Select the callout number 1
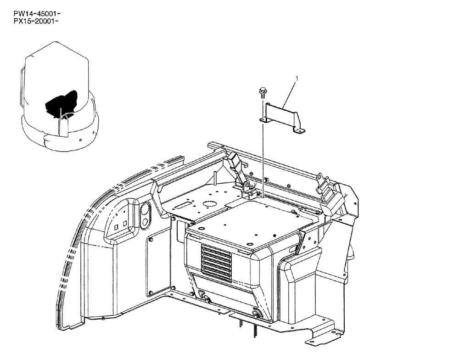[297, 79]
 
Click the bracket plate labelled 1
[283, 117]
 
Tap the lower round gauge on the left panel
[146, 224]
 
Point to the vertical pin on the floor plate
[215, 177]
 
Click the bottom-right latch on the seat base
[255, 315]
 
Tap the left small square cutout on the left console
[117, 226]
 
